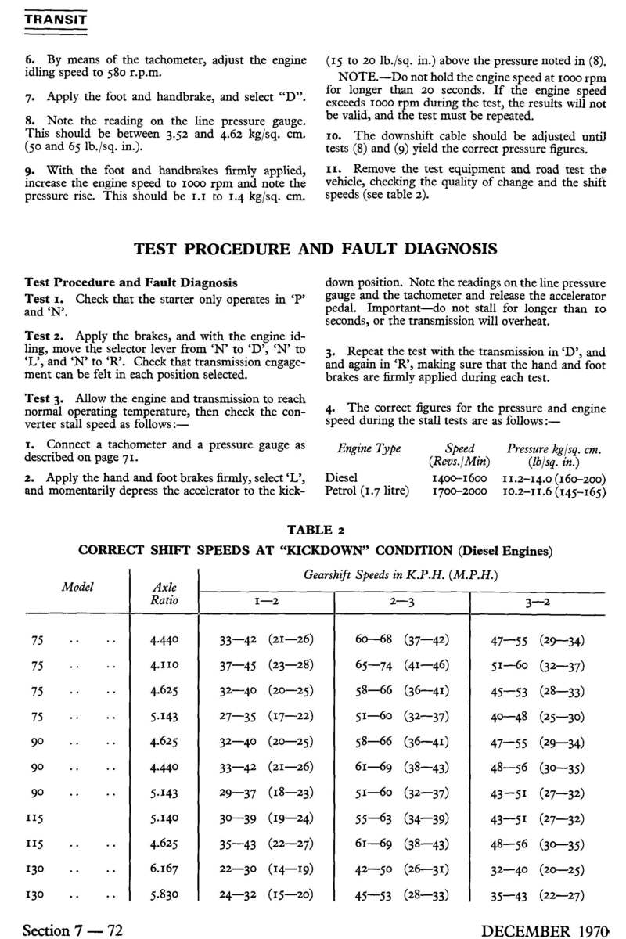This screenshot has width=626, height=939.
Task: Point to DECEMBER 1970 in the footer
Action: click(x=546, y=930)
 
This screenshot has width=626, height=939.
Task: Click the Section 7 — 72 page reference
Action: click(x=74, y=930)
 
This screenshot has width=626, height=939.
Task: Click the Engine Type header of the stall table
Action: click(x=369, y=449)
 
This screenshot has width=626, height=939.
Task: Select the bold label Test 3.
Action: click(x=45, y=397)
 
